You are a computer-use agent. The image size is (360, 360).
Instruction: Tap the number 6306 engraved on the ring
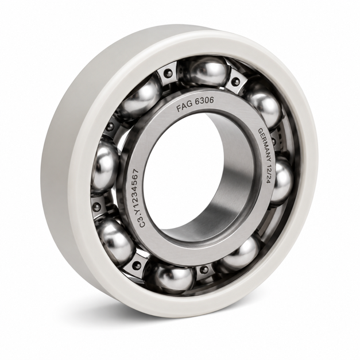tap(204, 102)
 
